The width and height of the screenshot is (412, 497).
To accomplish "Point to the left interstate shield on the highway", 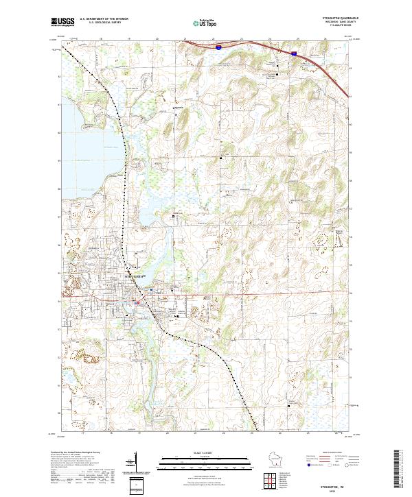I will point(217,48).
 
